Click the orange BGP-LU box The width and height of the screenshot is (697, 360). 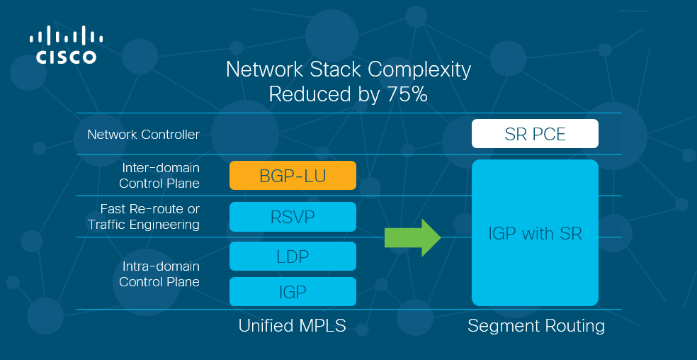pos(293,175)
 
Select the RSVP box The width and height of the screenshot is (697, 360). pos(293,217)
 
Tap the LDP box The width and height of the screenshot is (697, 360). pos(293,257)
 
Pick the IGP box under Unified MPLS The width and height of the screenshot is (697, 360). pos(293,291)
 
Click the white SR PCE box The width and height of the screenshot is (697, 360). pos(535,133)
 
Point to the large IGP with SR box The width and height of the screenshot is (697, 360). pos(535,232)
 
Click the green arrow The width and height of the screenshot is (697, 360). pos(412,237)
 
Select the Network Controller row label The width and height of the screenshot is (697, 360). pos(143,135)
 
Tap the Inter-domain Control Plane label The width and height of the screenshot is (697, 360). pos(159,175)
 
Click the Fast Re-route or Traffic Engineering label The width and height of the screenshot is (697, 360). pos(144,217)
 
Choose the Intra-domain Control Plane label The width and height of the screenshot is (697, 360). pos(159,274)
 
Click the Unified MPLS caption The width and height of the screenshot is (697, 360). pos(292,326)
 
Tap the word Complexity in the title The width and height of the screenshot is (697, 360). pos(422,71)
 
